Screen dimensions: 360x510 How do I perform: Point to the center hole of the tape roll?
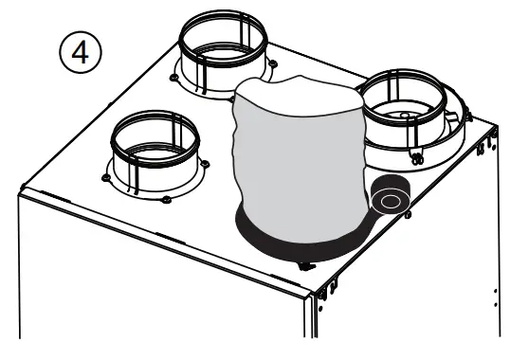[x=390, y=200]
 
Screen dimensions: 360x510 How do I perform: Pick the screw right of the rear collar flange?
[x=273, y=63]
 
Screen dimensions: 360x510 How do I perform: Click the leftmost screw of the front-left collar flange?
[x=100, y=172]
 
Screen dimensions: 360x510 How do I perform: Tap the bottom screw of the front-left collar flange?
[x=166, y=199]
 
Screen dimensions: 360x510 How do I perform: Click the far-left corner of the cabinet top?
[x=21, y=186]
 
